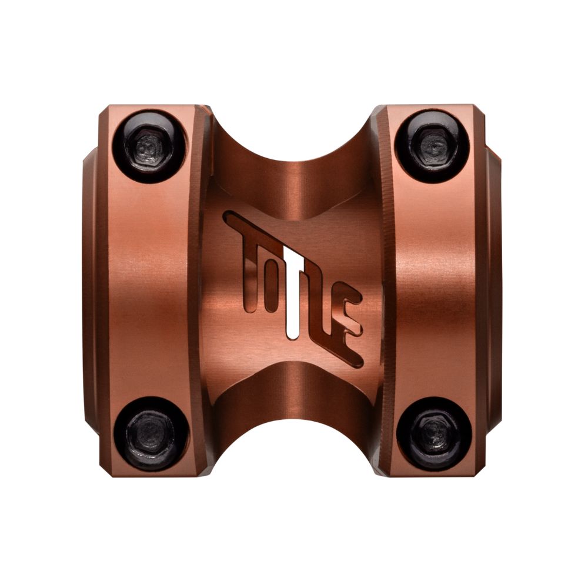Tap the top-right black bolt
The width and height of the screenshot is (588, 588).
coord(433,145)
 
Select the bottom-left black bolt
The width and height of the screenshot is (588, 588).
coord(151,433)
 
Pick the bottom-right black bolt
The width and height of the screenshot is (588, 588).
coord(434,433)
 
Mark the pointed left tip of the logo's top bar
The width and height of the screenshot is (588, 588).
coord(226,216)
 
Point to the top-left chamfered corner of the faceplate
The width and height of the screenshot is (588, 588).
coord(106,112)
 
